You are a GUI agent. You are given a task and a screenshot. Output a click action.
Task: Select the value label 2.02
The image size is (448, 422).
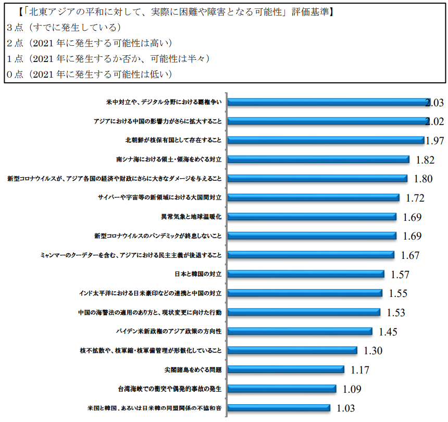click(x=434, y=122)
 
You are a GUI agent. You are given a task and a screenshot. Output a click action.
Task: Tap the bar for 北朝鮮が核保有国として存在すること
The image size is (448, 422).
click(x=326, y=140)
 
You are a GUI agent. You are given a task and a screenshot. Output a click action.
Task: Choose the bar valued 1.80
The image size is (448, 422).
click(x=317, y=179)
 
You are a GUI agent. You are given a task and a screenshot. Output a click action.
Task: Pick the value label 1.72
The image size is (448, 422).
click(x=415, y=198)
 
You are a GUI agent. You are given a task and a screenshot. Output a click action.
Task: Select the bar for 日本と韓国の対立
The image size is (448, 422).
click(x=306, y=274)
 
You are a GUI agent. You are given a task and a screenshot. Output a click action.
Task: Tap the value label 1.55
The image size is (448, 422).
click(x=398, y=293)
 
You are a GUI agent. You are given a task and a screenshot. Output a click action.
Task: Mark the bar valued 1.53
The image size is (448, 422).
click(x=304, y=312)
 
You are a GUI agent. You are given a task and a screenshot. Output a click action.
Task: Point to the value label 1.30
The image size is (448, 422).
click(x=374, y=351)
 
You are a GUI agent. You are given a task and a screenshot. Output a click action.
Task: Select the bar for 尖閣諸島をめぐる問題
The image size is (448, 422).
click(x=286, y=369)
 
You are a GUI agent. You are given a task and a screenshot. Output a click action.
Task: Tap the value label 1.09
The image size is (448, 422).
click(x=352, y=389)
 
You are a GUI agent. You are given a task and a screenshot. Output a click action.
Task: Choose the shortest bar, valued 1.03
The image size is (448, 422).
click(x=279, y=407)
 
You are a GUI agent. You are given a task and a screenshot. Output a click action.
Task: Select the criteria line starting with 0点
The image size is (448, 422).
click(x=89, y=74)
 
